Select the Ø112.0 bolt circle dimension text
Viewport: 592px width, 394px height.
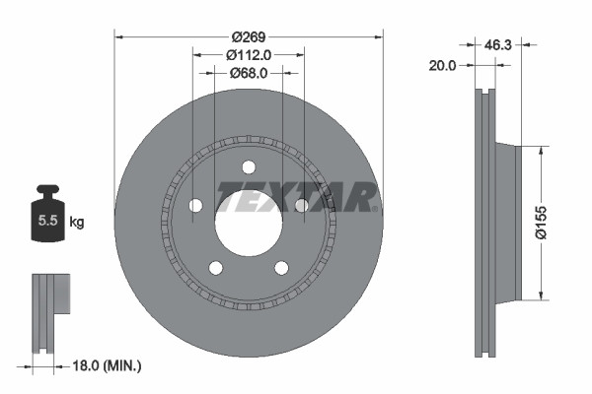click(x=249, y=54)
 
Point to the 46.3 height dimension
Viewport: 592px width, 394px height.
click(x=497, y=44)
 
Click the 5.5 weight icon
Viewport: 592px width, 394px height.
click(x=45, y=219)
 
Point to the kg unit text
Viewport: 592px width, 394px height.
click(x=77, y=223)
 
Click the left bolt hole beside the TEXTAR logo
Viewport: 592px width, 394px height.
click(x=195, y=205)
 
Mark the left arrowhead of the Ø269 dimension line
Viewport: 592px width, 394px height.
click(x=120, y=37)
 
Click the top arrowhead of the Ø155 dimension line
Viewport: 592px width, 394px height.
click(x=540, y=149)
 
